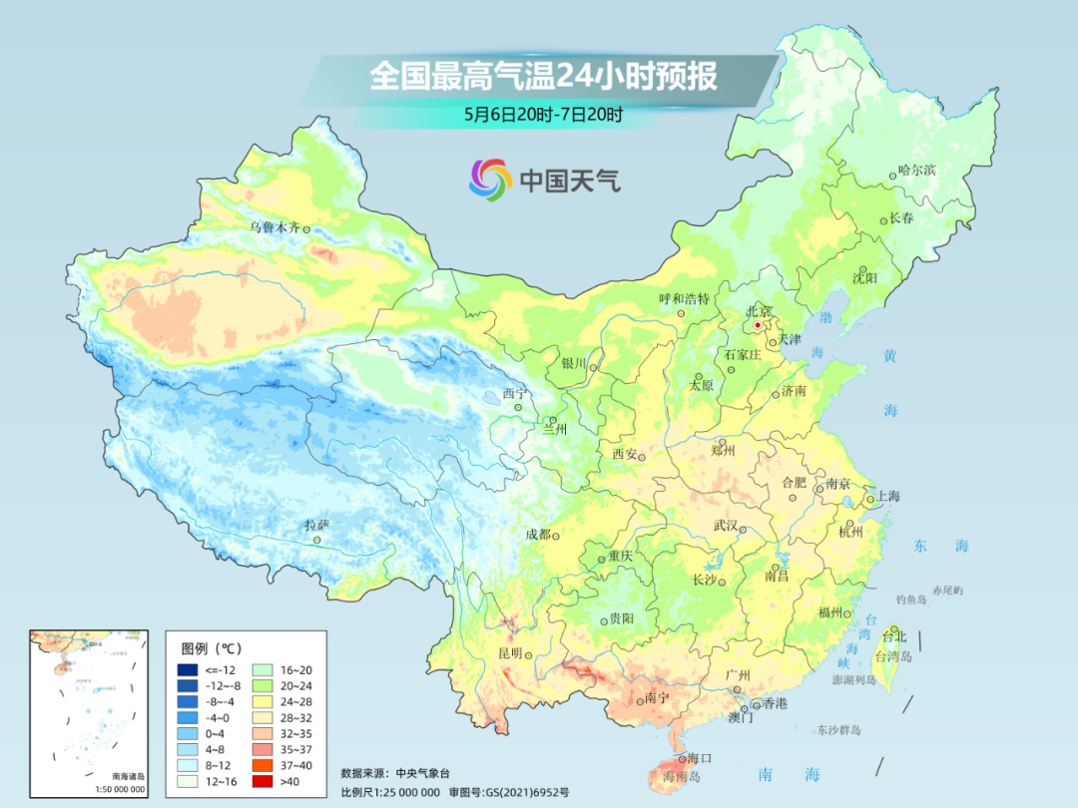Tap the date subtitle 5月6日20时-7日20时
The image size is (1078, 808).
pyautogui.click(x=543, y=114)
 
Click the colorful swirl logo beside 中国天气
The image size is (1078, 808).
pyautogui.click(x=490, y=179)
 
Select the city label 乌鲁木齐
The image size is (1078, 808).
pyautogui.click(x=274, y=227)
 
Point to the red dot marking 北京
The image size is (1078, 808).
pyautogui.click(x=758, y=325)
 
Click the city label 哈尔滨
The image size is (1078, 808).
pyautogui.click(x=917, y=171)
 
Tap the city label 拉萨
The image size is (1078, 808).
pyautogui.click(x=316, y=525)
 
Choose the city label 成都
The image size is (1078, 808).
pyautogui.click(x=537, y=534)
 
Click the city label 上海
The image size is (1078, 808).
pyautogui.click(x=887, y=496)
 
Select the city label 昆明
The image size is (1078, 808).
pyautogui.click(x=509, y=652)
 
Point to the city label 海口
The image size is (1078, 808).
pyautogui.click(x=700, y=759)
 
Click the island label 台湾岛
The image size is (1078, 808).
pyautogui.click(x=893, y=655)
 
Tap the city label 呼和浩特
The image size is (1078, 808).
pyautogui.click(x=684, y=298)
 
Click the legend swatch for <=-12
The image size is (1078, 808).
pyautogui.click(x=187, y=668)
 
